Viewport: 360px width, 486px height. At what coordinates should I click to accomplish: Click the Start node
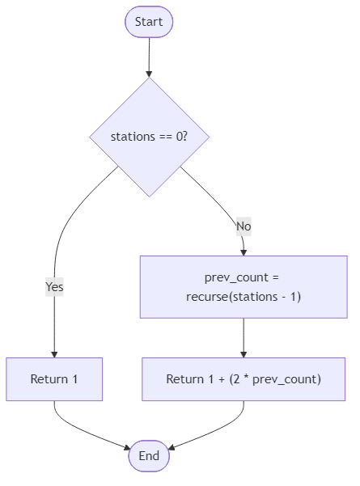click(149, 22)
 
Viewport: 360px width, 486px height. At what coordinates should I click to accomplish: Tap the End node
click(149, 456)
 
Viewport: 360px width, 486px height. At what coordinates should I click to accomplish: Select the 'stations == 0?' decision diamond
click(149, 137)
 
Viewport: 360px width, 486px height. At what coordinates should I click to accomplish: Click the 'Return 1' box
click(54, 379)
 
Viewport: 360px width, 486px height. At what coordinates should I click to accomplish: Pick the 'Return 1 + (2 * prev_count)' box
click(244, 379)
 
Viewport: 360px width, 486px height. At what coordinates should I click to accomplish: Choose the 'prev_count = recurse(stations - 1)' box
click(244, 287)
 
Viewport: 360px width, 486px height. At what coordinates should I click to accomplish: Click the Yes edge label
click(54, 286)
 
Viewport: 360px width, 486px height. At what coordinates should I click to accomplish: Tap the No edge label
click(244, 226)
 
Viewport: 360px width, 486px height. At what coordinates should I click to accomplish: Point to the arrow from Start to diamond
click(149, 57)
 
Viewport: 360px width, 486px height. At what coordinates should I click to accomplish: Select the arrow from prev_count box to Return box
click(244, 336)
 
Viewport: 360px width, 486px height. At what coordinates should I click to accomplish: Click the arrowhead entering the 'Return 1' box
click(54, 353)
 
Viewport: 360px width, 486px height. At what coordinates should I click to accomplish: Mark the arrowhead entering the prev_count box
click(244, 251)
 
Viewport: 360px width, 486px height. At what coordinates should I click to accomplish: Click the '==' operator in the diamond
click(162, 137)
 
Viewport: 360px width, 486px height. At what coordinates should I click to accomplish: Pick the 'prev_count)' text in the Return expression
click(287, 379)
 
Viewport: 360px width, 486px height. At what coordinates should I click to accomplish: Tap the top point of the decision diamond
click(149, 79)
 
